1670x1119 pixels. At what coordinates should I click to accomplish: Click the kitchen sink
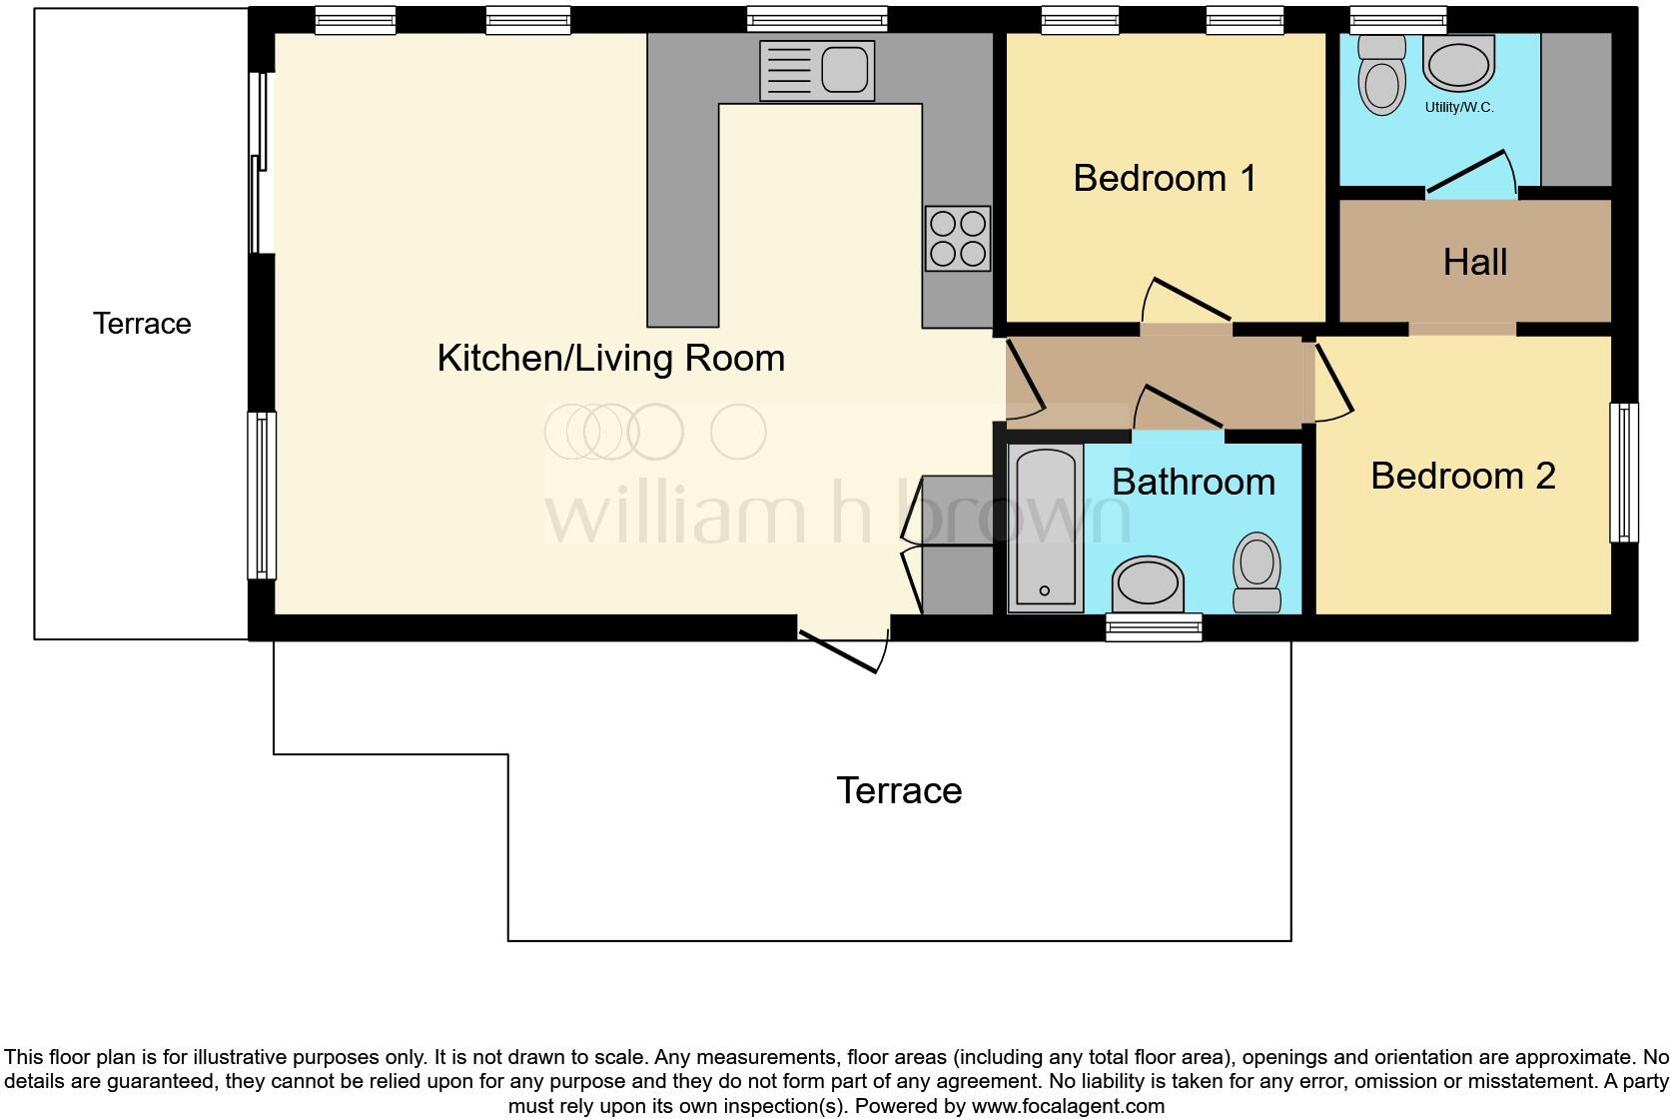click(816, 70)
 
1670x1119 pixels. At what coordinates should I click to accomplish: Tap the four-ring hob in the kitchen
click(958, 239)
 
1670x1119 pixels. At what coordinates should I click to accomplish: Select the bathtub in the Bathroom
click(1045, 528)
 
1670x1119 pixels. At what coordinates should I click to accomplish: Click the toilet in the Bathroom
click(1257, 570)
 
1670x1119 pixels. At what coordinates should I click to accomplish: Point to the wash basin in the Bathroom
click(1148, 583)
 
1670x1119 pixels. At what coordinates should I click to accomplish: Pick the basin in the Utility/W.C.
click(1460, 64)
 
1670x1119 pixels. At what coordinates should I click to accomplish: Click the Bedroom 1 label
click(1165, 179)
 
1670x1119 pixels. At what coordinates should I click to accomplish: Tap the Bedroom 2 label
click(1462, 476)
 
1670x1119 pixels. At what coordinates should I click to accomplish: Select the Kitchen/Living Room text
click(610, 359)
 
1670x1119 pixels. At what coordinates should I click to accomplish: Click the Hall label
click(1474, 263)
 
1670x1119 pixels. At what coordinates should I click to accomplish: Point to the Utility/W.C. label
click(1459, 108)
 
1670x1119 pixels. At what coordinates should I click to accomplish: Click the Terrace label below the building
click(899, 790)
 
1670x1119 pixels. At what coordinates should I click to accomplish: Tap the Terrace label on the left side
click(142, 324)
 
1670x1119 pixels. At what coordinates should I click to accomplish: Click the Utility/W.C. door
click(1468, 171)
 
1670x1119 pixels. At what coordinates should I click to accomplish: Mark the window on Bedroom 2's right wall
click(1624, 473)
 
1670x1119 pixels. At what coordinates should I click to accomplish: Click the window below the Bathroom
click(1154, 626)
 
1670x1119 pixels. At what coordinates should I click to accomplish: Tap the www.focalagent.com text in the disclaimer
click(1068, 1106)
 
